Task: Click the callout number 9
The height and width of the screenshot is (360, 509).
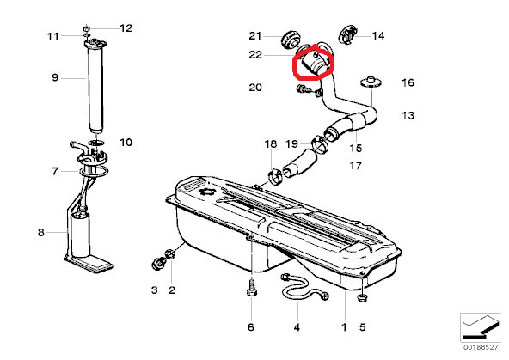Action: (x=55, y=78)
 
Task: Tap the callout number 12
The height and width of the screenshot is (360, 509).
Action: (x=126, y=28)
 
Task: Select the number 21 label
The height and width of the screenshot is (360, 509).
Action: (x=255, y=36)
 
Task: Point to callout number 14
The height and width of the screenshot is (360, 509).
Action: (x=378, y=36)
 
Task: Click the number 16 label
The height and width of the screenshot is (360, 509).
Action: (x=408, y=82)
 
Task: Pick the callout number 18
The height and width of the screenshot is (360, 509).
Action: (x=271, y=143)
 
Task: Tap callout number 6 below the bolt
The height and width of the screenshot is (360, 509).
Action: (x=250, y=327)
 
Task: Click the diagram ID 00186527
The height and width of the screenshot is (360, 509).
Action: (x=481, y=347)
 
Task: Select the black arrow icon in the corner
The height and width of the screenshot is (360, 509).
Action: (x=480, y=326)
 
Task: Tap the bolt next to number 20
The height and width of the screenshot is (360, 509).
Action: (x=302, y=88)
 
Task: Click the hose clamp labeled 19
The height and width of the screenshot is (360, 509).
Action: (x=320, y=144)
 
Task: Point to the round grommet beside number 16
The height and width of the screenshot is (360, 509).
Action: (x=370, y=82)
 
